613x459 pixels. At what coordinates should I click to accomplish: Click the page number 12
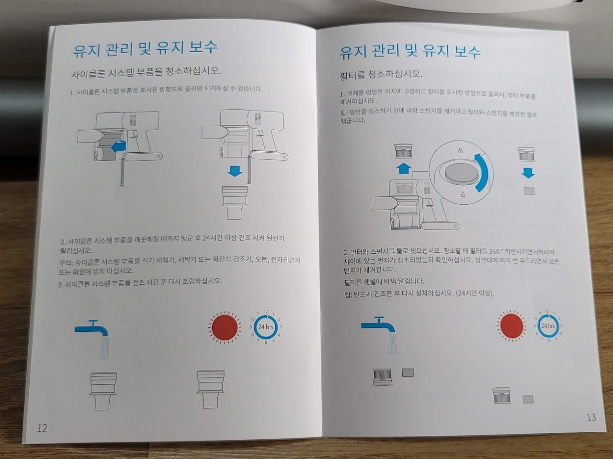42,428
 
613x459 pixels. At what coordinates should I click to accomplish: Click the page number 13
591,417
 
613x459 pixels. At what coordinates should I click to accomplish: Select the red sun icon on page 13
511,325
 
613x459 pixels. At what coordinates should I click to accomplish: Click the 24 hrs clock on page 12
266,327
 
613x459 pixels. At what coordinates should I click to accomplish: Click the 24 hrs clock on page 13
548,325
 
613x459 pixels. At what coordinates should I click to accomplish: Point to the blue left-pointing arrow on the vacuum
119,147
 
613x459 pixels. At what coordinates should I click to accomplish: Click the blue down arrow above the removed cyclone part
235,171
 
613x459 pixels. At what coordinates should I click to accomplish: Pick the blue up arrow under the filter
404,168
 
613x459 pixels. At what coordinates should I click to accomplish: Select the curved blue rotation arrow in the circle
483,171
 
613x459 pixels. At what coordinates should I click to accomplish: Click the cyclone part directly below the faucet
102,391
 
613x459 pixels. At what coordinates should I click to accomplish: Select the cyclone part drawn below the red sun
211,389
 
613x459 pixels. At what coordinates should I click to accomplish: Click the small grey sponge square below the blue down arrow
529,191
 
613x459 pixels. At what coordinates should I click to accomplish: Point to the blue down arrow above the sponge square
528,173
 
